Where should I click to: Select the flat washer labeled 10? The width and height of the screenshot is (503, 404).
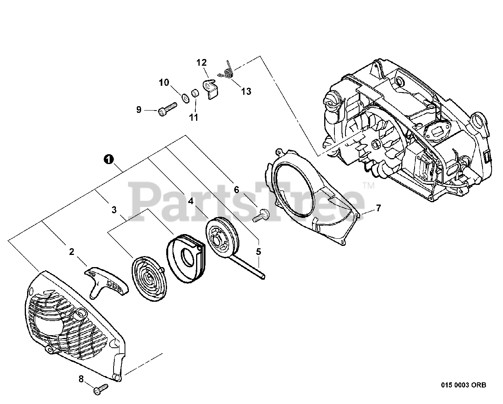(185, 97)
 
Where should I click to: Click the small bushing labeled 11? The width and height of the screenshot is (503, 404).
(194, 95)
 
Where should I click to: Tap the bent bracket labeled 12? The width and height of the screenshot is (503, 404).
(210, 87)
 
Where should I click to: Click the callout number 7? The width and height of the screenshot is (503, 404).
(378, 208)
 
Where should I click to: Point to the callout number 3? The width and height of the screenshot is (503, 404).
(114, 210)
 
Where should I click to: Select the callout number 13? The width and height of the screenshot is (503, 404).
(246, 92)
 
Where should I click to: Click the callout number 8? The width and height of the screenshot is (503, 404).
(81, 379)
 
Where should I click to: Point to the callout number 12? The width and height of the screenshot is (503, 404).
(201, 62)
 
